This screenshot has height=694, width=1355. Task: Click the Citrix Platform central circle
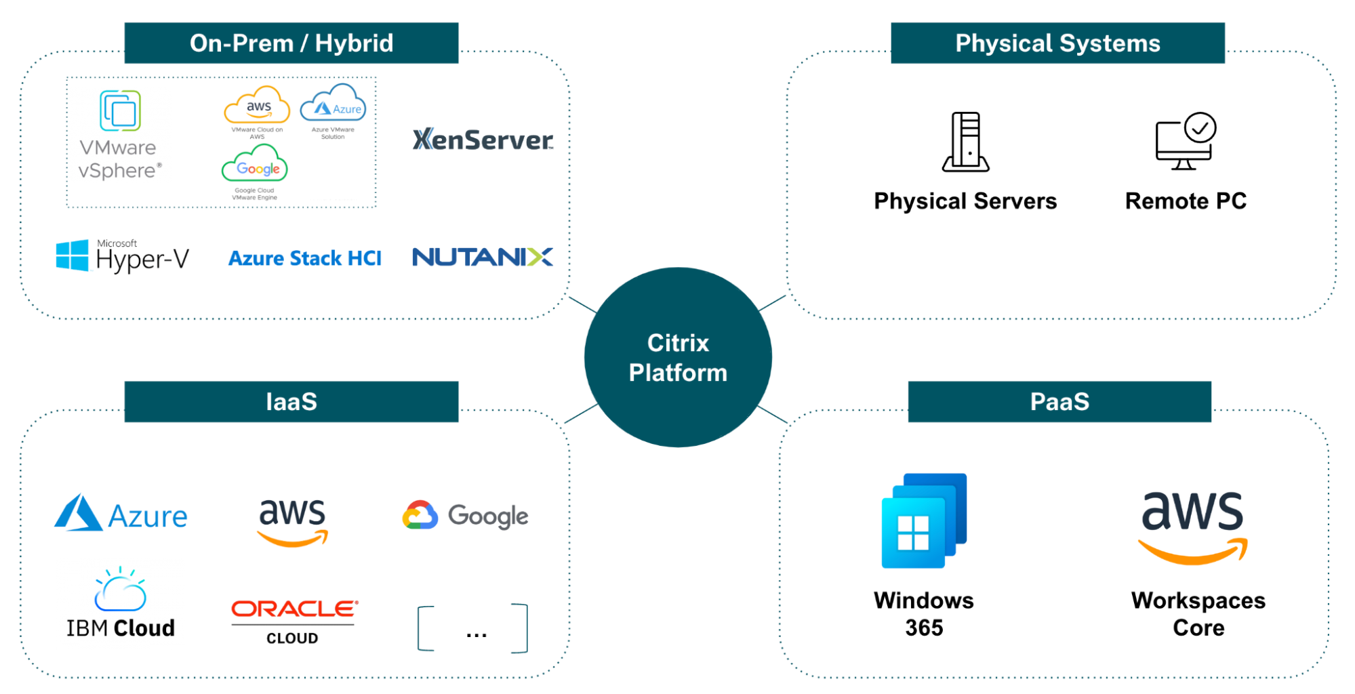[x=678, y=357]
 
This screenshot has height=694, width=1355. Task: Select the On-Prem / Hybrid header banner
[x=291, y=43]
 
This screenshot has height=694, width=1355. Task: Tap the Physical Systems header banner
[x=1057, y=43]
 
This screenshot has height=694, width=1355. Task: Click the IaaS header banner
[x=291, y=401]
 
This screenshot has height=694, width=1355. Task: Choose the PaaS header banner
[x=1059, y=401]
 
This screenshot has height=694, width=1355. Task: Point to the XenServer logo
[x=483, y=140]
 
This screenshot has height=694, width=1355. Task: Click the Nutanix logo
[x=483, y=257]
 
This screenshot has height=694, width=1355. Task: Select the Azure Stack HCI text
[x=305, y=258]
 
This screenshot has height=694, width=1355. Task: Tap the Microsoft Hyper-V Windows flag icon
[x=72, y=256]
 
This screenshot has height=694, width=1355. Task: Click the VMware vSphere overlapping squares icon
[x=120, y=110]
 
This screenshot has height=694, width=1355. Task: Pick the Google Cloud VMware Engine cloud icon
[x=255, y=165]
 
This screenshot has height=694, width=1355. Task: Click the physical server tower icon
[x=966, y=142]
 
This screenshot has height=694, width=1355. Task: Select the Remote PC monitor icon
[x=1186, y=142]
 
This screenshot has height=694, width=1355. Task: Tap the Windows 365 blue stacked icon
[x=924, y=520]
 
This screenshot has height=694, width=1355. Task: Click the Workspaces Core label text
[x=1198, y=614]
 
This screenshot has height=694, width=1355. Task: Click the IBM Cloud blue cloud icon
[x=120, y=590]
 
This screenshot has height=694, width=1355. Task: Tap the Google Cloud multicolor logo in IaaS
[x=420, y=516]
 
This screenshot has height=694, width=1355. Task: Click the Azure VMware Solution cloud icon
[x=333, y=104]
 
